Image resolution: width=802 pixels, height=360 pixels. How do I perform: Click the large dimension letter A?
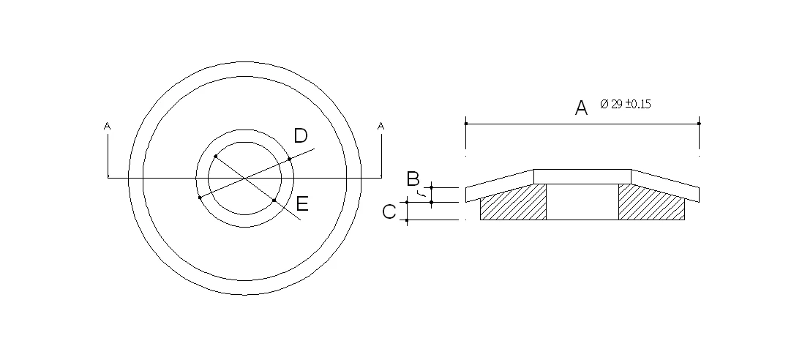coord(581,108)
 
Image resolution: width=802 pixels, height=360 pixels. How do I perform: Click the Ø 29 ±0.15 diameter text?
coord(626,105)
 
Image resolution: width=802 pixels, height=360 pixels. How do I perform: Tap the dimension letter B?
coord(413,179)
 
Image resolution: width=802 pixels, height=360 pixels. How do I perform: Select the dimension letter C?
coord(389,211)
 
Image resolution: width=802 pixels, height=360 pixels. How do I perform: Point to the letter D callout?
coord(301,136)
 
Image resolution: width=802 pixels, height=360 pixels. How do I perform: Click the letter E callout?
coord(302,204)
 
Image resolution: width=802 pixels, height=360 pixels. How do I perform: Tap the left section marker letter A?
coord(107,126)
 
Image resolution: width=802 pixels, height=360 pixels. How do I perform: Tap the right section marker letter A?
coord(381,126)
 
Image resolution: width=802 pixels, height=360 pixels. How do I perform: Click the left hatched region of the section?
coord(513,203)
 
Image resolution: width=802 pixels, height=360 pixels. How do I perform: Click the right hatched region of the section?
coord(652,203)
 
